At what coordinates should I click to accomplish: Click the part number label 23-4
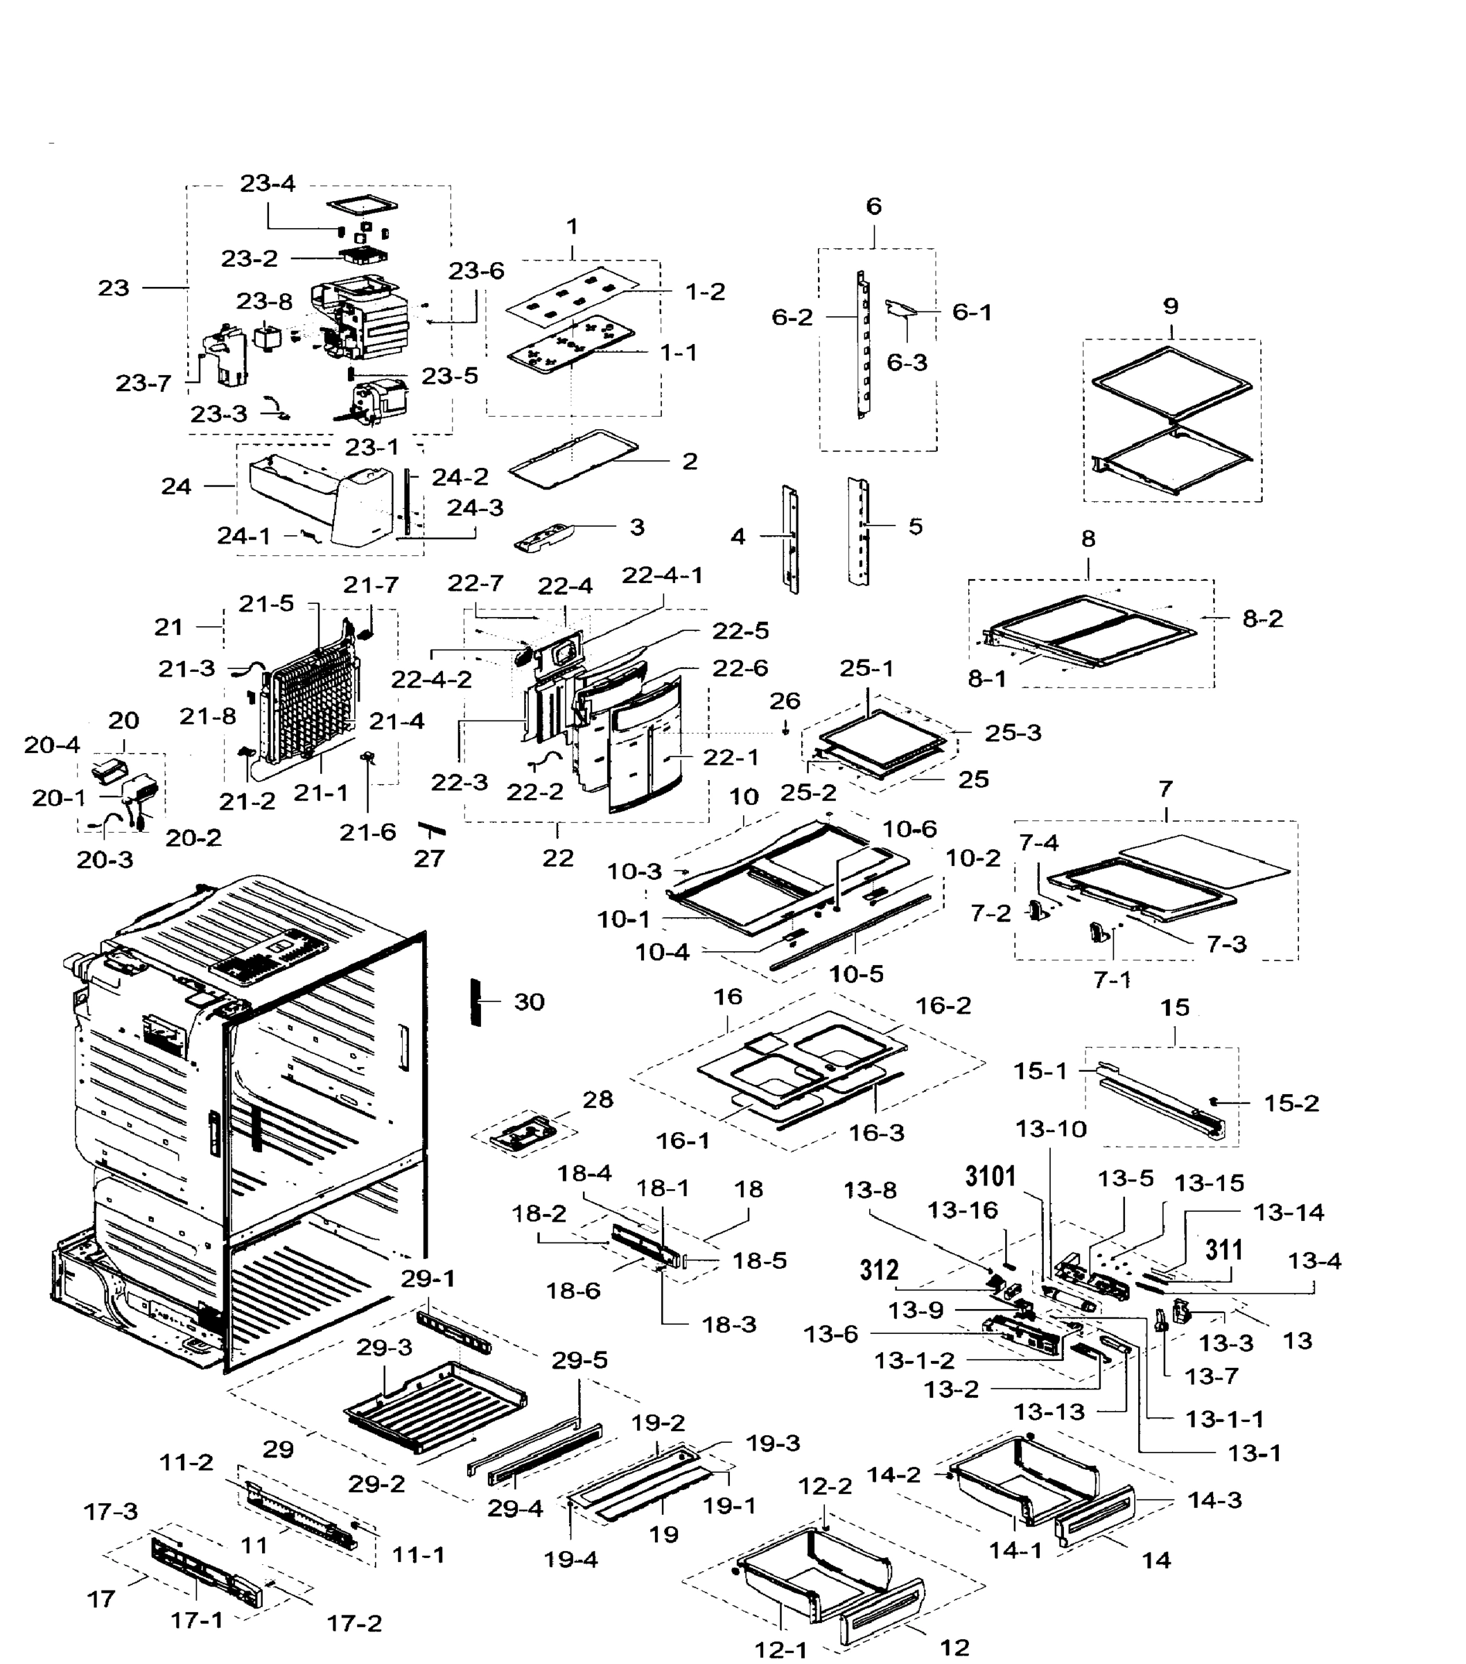267,184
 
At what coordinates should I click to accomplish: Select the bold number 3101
991,1177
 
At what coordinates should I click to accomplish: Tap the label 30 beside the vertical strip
528,1002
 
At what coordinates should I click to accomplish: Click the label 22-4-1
662,575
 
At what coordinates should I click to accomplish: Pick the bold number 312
879,1270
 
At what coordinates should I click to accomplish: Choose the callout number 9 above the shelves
1171,307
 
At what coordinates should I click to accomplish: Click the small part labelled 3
546,537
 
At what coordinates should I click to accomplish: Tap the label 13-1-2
914,1360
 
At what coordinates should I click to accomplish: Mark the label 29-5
579,1360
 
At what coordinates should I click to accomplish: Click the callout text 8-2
1262,618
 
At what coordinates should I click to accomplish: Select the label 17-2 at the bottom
354,1623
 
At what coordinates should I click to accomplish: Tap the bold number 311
1223,1249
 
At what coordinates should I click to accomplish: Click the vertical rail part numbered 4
789,539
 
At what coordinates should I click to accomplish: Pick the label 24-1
243,536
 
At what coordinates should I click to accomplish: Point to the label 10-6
909,829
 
